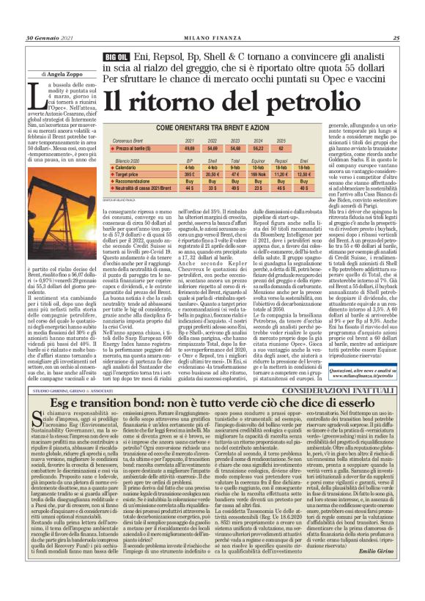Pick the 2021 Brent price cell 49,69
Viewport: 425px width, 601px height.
[191, 148]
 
